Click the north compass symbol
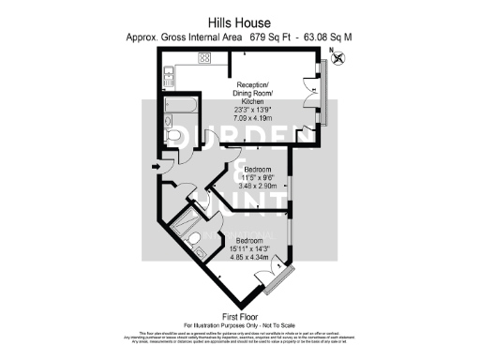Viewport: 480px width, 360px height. (x=338, y=59)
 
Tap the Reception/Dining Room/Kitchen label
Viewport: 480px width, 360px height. (x=260, y=92)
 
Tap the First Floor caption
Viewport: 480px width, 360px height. (x=240, y=316)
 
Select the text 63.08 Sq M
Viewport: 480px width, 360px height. (x=328, y=37)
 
